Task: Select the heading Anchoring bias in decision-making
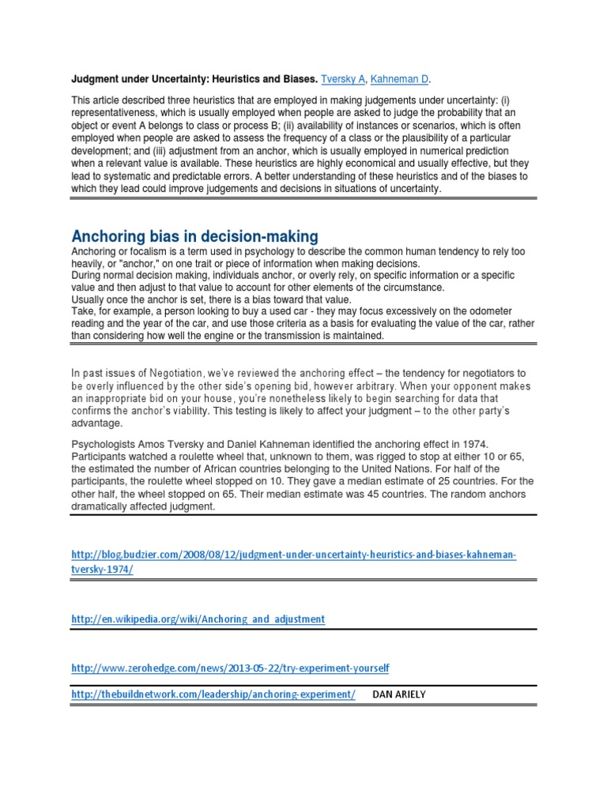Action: pyautogui.click(x=194, y=235)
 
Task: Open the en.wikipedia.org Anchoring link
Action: pyautogui.click(x=198, y=619)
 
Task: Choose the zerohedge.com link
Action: pyautogui.click(x=230, y=668)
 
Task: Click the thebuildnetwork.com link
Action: pyautogui.click(x=213, y=694)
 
